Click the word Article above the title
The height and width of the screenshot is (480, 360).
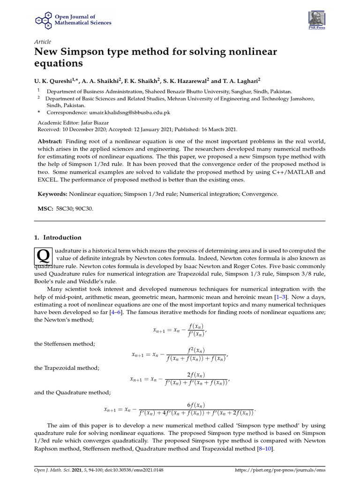point(43,42)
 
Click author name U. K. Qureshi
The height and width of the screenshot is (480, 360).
point(54,80)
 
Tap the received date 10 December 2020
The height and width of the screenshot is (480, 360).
point(83,129)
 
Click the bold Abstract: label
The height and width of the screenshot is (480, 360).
point(50,142)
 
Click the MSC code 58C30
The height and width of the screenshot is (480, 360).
point(65,208)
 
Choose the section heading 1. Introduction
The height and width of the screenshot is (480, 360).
point(58,237)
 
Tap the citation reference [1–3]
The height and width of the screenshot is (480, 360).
point(280,297)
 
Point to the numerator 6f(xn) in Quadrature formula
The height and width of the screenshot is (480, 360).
point(195,405)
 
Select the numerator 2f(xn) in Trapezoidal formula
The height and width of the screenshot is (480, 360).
point(195,375)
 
